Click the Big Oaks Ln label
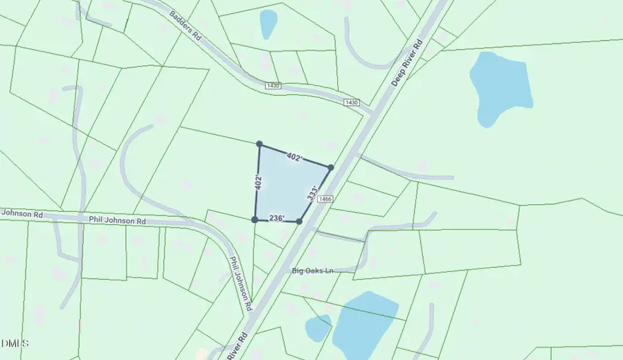click(312, 270)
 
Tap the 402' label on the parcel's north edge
click(294, 158)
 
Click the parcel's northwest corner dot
click(260, 144)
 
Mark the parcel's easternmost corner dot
click(331, 168)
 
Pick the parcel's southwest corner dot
click(255, 219)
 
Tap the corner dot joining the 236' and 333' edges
click(299, 222)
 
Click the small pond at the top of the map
click(269, 24)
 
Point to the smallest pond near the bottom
click(317, 328)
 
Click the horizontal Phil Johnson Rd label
click(118, 221)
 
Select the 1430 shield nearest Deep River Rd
click(352, 102)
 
